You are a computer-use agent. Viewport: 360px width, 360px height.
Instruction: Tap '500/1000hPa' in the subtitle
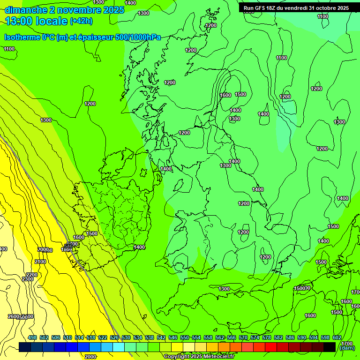tap(138, 37)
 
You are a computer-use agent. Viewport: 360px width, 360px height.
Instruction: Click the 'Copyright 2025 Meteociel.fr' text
tap(199, 357)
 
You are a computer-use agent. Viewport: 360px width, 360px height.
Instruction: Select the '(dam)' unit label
tap(347, 348)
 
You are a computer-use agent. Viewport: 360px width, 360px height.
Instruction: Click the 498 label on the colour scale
tap(32, 338)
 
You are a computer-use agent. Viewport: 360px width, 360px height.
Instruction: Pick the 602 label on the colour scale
tap(337, 338)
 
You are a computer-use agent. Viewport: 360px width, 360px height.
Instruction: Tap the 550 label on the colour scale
tap(185, 338)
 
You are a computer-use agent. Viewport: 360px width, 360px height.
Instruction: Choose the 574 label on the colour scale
tap(255, 338)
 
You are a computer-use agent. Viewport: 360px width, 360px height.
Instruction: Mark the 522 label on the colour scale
tap(103, 338)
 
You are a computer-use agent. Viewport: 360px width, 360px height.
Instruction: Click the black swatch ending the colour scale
tap(330, 347)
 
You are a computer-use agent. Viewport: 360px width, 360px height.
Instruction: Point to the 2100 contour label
tap(40, 262)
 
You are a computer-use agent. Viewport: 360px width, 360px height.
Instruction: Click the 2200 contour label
tap(32, 275)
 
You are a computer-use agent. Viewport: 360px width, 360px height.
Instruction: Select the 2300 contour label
tap(28, 279)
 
